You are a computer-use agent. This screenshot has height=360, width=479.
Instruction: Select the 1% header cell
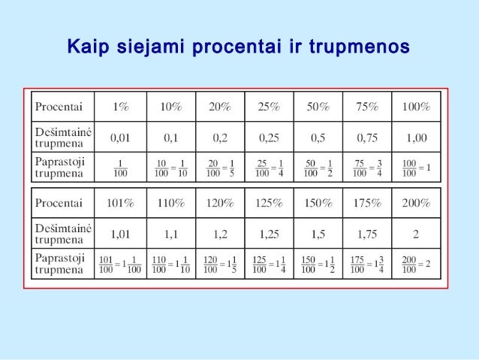pos(121,107)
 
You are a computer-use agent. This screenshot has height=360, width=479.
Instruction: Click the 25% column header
pos(269,107)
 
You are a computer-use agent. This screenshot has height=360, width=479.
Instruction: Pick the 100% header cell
pos(415,107)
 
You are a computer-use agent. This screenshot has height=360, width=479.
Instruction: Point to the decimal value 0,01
pos(121,138)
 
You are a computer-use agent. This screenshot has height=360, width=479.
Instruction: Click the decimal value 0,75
pos(367,138)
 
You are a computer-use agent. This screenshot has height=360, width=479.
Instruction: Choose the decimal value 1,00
pos(415,138)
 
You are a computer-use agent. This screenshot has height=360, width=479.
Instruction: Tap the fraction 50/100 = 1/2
pos(318,167)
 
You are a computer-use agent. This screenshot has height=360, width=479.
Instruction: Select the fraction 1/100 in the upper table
pos(121,167)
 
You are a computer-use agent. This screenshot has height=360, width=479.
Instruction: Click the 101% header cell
pos(121,203)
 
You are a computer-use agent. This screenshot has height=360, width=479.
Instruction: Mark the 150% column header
pos(318,203)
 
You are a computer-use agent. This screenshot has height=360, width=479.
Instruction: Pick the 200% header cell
pos(415,203)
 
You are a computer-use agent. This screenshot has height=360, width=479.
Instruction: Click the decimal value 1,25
pos(269,234)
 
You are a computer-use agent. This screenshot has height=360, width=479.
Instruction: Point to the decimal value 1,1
pos(170,234)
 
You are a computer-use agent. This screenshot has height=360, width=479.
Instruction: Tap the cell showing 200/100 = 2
pos(415,264)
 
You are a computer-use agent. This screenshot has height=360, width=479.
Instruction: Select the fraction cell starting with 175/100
pos(367,264)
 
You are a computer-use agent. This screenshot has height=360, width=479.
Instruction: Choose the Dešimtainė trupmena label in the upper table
pos(63,138)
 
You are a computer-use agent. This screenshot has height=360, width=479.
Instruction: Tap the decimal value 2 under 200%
pos(415,234)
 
